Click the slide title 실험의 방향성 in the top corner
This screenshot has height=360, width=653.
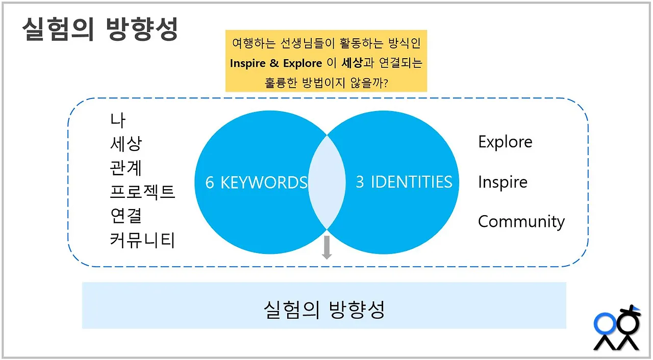pyautogui.click(x=100, y=30)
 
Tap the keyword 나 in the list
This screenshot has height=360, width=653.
pyautogui.click(x=117, y=120)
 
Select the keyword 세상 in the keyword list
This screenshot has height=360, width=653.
pyautogui.click(x=125, y=144)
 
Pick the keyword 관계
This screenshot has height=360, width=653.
pyautogui.click(x=125, y=168)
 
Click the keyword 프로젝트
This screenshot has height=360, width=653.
pyautogui.click(x=142, y=192)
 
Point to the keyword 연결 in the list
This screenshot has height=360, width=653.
pyautogui.click(x=125, y=216)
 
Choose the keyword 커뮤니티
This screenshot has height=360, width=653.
pyautogui.click(x=142, y=240)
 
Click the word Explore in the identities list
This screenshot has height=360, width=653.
pyautogui.click(x=505, y=142)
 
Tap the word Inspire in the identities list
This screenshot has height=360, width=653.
pyautogui.click(x=503, y=182)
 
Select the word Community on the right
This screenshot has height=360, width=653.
pyautogui.click(x=521, y=221)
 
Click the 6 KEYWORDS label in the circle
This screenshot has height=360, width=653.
pyautogui.click(x=256, y=183)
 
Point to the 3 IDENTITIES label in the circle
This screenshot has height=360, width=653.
pyautogui.click(x=404, y=182)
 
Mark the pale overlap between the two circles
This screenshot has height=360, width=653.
pyautogui.click(x=326, y=182)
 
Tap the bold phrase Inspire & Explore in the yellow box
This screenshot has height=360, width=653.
pyautogui.click(x=276, y=63)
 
